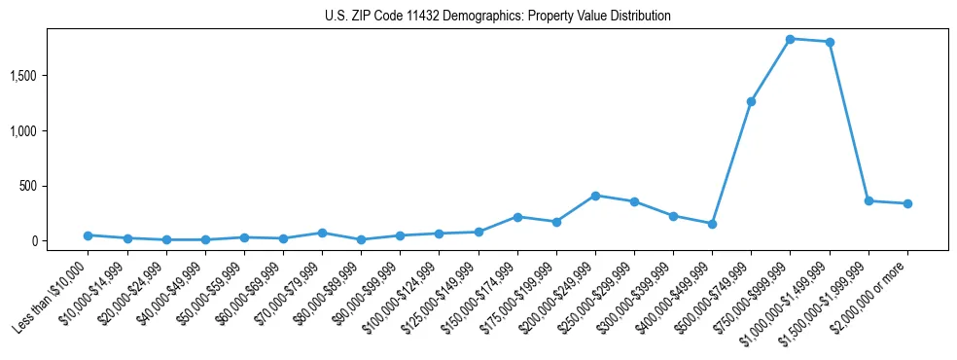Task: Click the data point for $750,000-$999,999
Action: pos(790,39)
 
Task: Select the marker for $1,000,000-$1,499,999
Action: pos(829,42)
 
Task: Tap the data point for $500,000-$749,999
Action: pos(751,101)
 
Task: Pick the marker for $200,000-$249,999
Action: pos(595,196)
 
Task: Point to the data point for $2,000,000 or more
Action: pos(907,203)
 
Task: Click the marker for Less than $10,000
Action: pos(88,235)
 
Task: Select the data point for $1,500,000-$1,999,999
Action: pos(868,200)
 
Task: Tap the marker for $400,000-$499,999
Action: pos(712,224)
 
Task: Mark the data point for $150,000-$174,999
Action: pos(517,217)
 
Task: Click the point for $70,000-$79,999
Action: pos(322,233)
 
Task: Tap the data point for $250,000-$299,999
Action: pos(634,201)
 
